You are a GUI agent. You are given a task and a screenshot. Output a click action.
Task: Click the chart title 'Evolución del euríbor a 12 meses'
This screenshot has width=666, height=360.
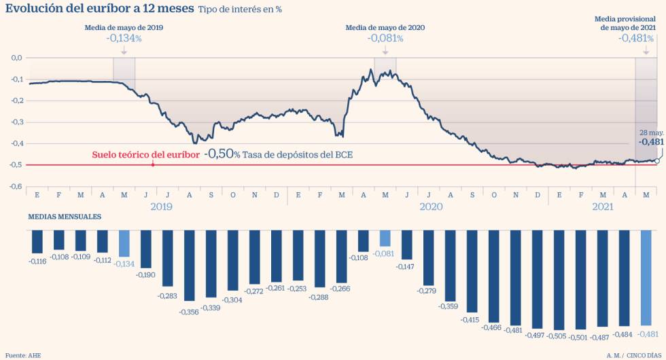(x=100, y=10)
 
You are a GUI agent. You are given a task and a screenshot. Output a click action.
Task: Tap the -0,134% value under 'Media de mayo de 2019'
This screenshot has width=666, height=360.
(x=124, y=39)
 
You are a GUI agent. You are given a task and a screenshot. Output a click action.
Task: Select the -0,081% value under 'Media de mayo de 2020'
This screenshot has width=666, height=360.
(x=385, y=39)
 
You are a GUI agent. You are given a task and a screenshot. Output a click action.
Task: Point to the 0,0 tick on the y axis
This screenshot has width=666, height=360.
(x=17, y=58)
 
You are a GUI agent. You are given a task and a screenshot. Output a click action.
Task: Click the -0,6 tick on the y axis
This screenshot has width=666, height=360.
(x=17, y=186)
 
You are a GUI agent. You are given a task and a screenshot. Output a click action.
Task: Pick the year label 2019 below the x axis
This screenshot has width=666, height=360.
(x=161, y=206)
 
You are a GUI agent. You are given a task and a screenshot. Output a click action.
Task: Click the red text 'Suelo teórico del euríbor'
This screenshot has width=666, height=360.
(x=145, y=154)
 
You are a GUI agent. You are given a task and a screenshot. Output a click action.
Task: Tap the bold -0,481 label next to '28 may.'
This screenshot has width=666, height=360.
(x=650, y=142)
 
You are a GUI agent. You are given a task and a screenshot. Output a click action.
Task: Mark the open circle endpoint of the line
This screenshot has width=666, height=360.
(x=656, y=161)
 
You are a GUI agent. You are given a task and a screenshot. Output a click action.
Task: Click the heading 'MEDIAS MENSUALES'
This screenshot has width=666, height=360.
(x=65, y=217)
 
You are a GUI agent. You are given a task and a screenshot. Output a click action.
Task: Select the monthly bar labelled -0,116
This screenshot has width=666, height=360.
(x=37, y=242)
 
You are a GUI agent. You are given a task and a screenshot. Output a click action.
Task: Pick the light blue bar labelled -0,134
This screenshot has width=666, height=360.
(x=124, y=243)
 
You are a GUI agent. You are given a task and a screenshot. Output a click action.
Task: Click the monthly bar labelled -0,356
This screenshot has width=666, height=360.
(x=189, y=265)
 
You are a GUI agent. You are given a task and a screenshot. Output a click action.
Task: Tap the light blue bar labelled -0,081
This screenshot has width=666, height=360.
(x=385, y=238)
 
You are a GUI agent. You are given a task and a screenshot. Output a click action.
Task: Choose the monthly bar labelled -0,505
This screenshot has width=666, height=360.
(x=559, y=280)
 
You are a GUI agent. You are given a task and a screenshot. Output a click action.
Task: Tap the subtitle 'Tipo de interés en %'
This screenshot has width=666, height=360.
(x=240, y=10)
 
